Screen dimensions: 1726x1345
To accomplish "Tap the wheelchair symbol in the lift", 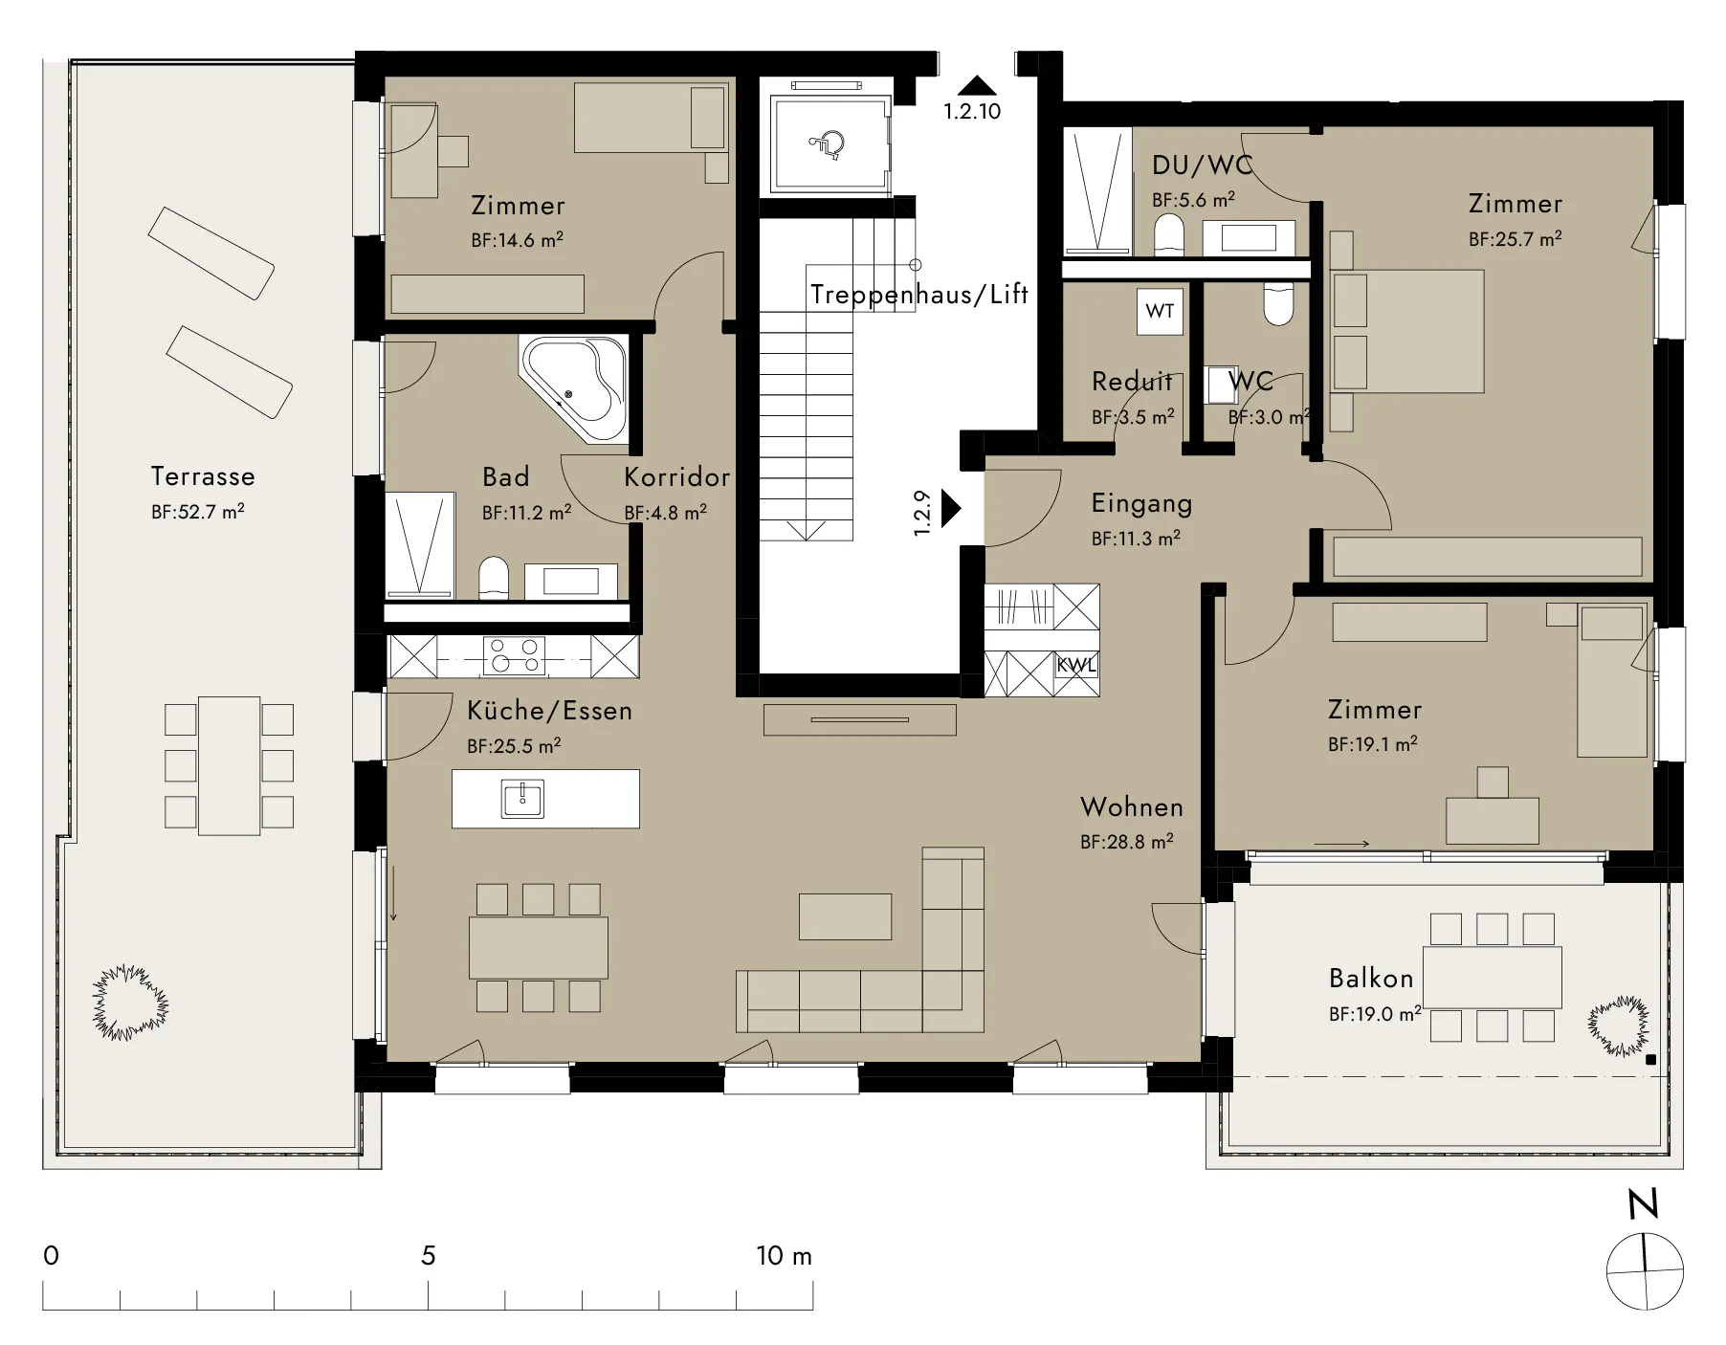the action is (829, 143).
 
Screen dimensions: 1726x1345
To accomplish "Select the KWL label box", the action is (1076, 665).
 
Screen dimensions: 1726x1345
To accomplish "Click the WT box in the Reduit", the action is (1160, 311).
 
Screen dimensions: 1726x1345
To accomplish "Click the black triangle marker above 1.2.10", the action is (976, 85).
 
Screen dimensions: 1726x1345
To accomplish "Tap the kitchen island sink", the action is (522, 799).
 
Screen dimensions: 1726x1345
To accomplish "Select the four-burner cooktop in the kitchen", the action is (515, 657).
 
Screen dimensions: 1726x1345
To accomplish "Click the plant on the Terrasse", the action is (130, 1003).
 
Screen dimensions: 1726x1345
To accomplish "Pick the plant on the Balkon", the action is (1619, 1025).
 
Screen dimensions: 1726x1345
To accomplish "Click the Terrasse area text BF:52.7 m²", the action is (198, 512).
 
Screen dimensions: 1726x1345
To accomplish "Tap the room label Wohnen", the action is (1132, 807).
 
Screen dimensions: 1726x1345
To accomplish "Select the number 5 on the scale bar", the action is (429, 1256).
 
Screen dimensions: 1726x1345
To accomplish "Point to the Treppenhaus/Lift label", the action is (919, 295).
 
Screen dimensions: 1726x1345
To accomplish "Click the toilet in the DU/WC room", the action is (1169, 235).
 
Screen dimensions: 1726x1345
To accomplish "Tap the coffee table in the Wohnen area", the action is (846, 916).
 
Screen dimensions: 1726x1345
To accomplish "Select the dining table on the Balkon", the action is (1493, 978).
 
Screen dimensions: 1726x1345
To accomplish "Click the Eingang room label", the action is (1141, 504).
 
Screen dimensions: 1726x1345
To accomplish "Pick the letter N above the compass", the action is (1644, 1204).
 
